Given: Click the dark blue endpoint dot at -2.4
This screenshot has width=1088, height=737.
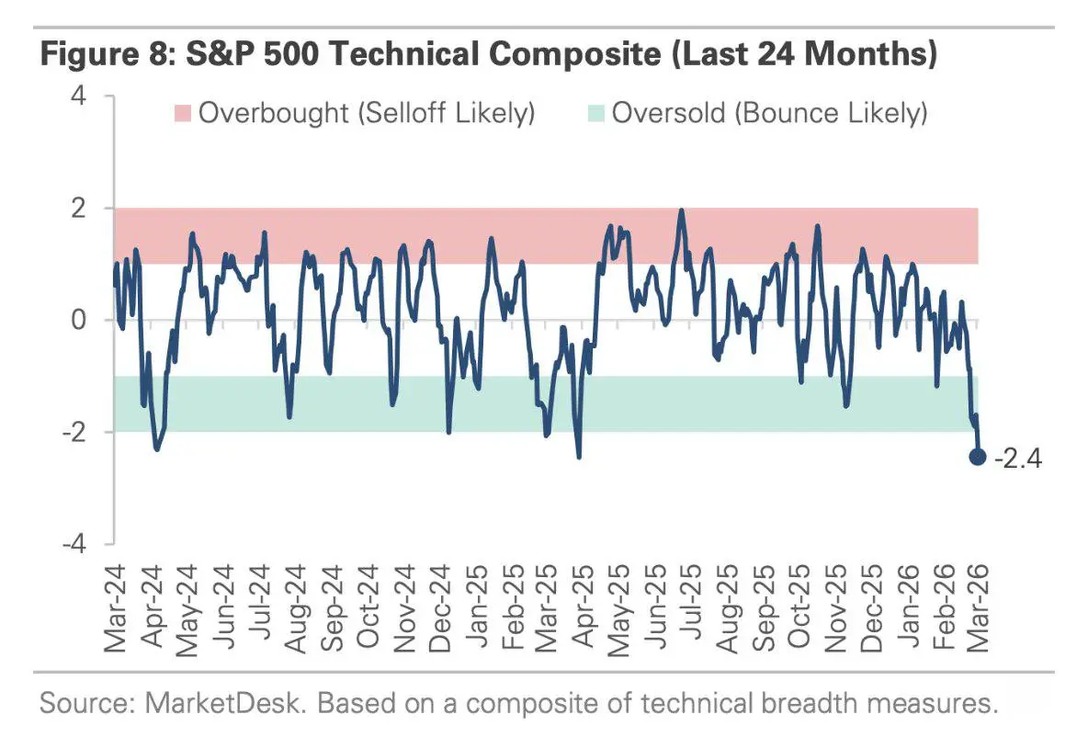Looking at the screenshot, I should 978,456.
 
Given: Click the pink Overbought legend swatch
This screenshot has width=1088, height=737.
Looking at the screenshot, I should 180,114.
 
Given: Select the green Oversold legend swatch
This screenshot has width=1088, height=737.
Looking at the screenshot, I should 594,114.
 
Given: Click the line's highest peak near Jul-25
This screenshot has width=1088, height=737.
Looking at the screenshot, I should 681,210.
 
